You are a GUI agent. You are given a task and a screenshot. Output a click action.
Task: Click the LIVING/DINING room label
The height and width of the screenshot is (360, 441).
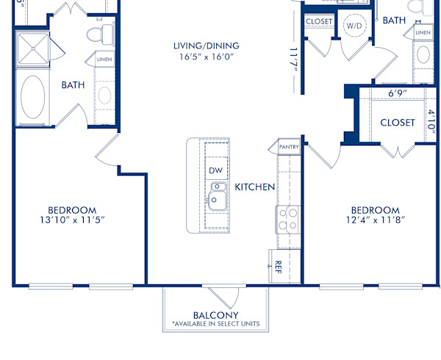pyautogui.click(x=201, y=46)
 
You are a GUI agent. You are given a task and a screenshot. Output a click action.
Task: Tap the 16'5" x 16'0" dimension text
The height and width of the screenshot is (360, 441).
pyautogui.click(x=201, y=57)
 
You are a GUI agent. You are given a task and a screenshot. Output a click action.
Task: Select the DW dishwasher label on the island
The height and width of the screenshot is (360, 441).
pyautogui.click(x=215, y=170)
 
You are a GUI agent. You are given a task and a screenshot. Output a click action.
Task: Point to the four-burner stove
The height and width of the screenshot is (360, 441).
pyautogui.click(x=287, y=218)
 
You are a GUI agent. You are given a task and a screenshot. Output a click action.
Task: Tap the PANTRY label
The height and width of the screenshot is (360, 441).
pyautogui.click(x=288, y=148)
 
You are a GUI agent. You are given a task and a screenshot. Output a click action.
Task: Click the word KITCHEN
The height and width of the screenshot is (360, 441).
pyautogui.click(x=255, y=187)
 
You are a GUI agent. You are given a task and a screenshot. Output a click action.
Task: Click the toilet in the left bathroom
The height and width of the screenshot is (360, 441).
pyautogui.click(x=98, y=34)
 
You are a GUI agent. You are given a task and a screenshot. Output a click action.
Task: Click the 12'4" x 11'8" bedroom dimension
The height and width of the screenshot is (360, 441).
pyautogui.click(x=375, y=220)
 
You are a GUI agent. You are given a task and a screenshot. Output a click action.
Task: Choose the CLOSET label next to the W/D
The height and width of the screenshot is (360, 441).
pyautogui.click(x=318, y=22)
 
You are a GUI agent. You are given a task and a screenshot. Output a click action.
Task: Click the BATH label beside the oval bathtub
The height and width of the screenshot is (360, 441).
pyautogui.click(x=73, y=85)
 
